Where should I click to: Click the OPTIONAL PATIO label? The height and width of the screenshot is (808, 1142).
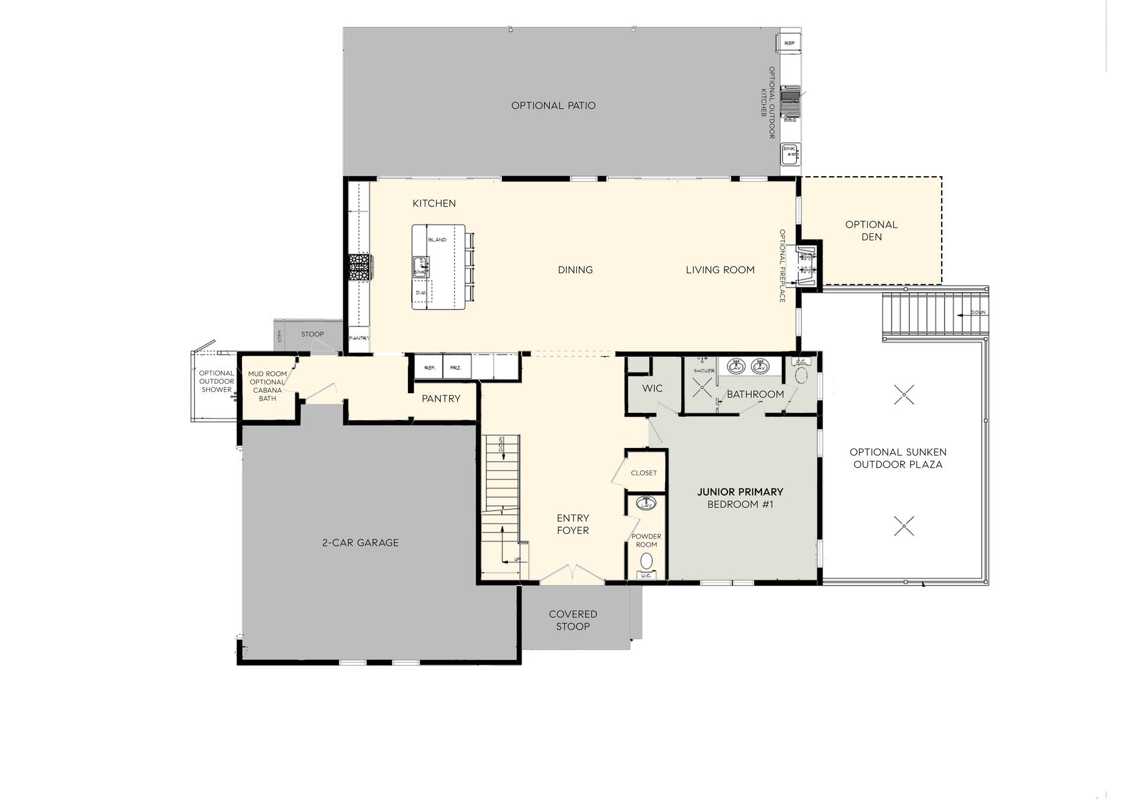click(553, 105)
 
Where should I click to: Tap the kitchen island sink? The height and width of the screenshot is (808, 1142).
click(420, 266)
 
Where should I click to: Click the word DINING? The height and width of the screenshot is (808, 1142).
click(575, 270)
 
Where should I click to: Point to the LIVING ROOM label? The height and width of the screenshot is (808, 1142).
click(720, 270)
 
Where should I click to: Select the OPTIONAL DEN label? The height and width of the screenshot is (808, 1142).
click(871, 230)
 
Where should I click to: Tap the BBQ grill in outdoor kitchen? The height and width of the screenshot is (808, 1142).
click(790, 101)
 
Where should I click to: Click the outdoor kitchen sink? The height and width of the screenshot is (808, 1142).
click(790, 154)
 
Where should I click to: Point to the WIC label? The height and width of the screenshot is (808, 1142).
click(652, 388)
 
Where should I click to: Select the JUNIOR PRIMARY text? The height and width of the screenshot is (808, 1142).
click(740, 491)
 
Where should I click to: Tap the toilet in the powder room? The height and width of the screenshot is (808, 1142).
click(646, 560)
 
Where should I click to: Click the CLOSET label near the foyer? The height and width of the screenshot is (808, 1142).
click(644, 473)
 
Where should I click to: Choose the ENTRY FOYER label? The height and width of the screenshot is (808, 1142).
click(573, 524)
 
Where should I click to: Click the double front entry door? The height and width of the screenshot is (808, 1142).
click(572, 573)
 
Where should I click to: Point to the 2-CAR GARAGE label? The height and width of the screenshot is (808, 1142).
click(360, 543)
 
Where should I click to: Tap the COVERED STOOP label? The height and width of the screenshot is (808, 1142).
click(573, 620)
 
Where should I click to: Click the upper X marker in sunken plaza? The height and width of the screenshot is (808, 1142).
click(904, 394)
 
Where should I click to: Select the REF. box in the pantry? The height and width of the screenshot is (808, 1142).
click(429, 367)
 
